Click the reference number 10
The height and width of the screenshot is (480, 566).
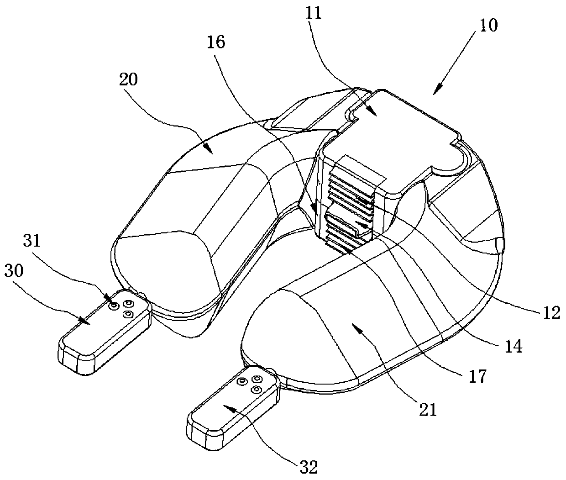point(489,25)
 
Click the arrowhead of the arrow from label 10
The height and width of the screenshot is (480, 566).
point(435,93)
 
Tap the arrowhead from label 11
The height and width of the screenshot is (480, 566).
point(374,115)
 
